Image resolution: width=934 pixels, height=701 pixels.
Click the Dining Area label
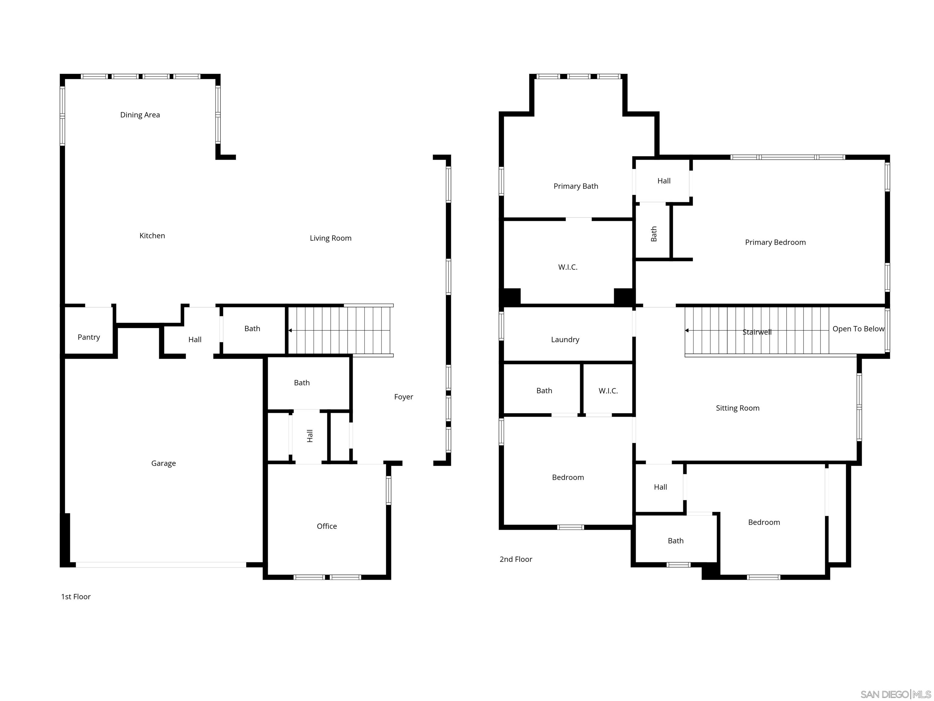[x=140, y=115]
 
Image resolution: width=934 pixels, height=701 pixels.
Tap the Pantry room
[x=89, y=337]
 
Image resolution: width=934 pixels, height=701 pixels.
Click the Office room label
[x=327, y=526]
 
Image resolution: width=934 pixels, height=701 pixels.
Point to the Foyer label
[x=403, y=397]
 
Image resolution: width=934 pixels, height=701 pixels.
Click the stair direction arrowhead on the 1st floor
[x=290, y=330]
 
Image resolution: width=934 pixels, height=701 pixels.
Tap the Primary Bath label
[x=576, y=186]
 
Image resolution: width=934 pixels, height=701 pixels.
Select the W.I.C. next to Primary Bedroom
[x=568, y=267]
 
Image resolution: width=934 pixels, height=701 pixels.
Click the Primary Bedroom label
[x=775, y=242]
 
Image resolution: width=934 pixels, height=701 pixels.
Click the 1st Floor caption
[x=76, y=597]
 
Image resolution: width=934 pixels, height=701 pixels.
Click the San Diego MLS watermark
[x=895, y=694]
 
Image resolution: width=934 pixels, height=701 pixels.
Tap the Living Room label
[x=330, y=238]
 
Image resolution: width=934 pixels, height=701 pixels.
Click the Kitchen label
[x=152, y=236]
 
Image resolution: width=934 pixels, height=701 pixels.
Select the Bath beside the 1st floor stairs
[x=252, y=329]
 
